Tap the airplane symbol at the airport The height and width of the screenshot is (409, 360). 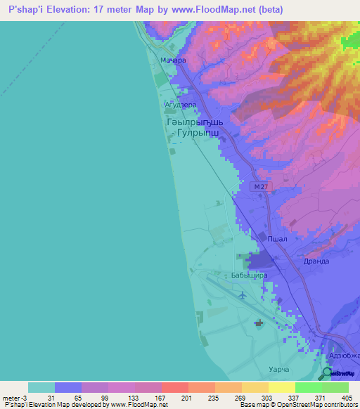click(243, 294)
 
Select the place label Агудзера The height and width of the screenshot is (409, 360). click(181, 104)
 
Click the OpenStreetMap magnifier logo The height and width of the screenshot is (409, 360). click(327, 372)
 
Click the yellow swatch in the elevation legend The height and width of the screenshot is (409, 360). click(281, 387)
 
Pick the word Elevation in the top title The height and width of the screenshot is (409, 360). click(70, 10)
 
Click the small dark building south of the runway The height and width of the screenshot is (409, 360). click(257, 323)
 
